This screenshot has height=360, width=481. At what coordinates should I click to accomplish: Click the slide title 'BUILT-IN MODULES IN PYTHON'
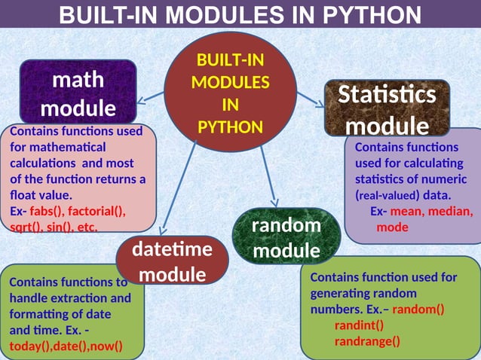click(x=240, y=14)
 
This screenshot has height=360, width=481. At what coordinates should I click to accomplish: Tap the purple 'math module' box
click(x=78, y=93)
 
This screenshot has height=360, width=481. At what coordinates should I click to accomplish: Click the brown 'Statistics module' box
click(x=387, y=108)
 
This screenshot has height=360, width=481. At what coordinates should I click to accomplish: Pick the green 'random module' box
click(x=286, y=236)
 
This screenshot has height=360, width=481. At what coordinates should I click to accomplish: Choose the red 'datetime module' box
click(x=172, y=261)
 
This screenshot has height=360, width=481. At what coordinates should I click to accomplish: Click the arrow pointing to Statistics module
click(x=309, y=98)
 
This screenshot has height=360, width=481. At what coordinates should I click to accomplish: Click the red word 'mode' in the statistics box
click(x=392, y=227)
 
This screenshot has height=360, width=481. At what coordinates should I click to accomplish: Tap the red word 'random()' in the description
click(x=418, y=309)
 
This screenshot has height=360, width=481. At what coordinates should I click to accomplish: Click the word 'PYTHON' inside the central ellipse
click(x=230, y=126)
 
